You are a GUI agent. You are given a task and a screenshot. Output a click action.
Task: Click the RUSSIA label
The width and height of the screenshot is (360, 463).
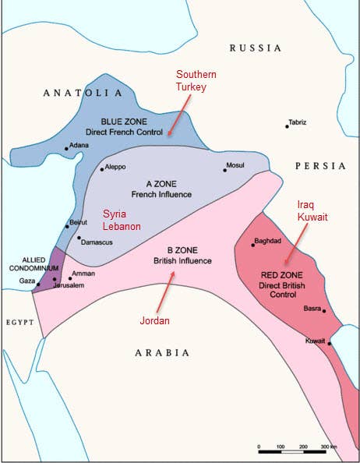(x=255, y=48)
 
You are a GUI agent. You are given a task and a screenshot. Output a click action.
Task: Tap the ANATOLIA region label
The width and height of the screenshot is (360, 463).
(x=82, y=93)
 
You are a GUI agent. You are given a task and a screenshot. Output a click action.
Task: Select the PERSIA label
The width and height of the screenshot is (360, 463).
(x=320, y=166)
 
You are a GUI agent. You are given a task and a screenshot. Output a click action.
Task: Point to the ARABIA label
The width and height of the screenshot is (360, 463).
(x=162, y=352)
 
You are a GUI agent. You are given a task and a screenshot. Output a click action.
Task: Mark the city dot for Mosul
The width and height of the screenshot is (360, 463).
(x=224, y=170)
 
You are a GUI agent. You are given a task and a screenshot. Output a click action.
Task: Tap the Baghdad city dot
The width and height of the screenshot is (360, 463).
(x=252, y=245)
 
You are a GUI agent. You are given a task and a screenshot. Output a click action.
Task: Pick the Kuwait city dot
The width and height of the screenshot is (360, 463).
(x=330, y=343)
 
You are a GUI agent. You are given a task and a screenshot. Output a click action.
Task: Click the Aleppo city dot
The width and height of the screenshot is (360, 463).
(x=101, y=169)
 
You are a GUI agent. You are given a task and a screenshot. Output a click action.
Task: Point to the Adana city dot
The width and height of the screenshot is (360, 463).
(x=67, y=147)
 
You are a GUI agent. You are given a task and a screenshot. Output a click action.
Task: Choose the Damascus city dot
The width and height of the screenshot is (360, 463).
(x=79, y=238)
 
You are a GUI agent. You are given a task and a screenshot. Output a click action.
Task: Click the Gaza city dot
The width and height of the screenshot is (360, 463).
(x=37, y=285)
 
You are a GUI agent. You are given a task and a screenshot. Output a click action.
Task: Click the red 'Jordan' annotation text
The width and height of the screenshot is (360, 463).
(x=156, y=320)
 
